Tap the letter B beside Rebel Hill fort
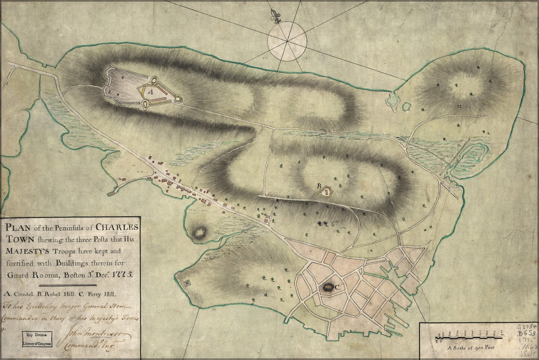pos(319,186)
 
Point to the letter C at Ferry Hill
pos(337,289)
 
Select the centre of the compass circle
pos(287,41)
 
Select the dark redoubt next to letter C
pos(327,288)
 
